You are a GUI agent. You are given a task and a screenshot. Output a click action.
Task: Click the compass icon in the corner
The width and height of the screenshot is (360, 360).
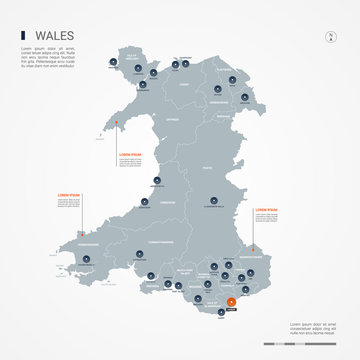pyautogui.click(x=331, y=38)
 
